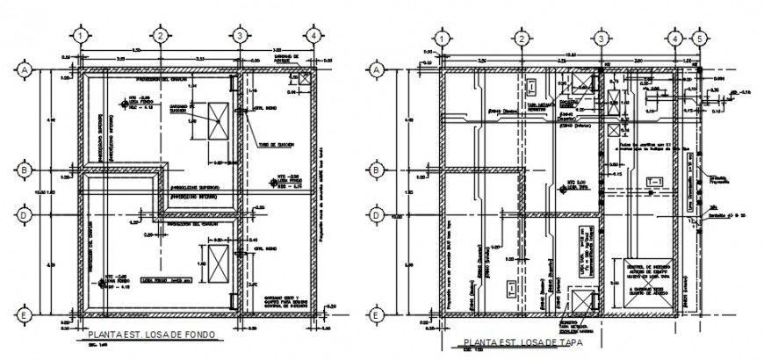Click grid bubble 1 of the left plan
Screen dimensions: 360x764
click(79, 35)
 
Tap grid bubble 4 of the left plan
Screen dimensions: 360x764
click(314, 35)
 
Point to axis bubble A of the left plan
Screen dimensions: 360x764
click(25, 68)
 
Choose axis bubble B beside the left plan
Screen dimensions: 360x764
click(25, 169)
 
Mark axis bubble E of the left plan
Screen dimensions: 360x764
click(25, 314)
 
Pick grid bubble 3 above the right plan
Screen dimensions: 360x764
click(600, 39)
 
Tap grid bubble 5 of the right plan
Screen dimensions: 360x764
click(698, 39)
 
